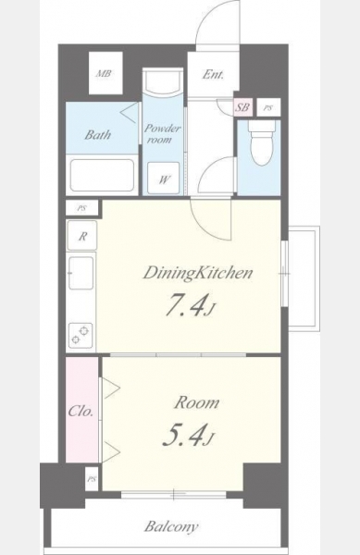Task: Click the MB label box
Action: pos(106,73)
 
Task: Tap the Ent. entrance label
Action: pos(213,74)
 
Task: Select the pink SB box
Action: pos(243,107)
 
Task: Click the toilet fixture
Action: pos(262,143)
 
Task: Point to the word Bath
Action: pos(98,134)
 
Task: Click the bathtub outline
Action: pos(102,176)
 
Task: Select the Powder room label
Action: pos(163,133)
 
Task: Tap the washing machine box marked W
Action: pos(163,178)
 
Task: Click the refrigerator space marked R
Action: pos(81,236)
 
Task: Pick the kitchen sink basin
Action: pos(81,273)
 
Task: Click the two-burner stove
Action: pos(81,336)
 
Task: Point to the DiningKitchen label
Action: pos(198,273)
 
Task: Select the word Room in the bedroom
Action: pos(197,402)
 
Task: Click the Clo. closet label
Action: pos(81,411)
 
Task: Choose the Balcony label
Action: pos(171,526)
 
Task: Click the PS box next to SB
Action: pos(268,107)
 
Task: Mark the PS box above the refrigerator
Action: pos(82,208)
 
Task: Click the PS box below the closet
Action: pos(92,479)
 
